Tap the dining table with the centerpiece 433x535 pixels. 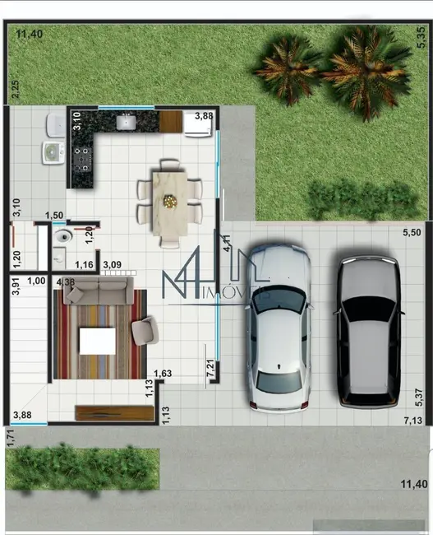(170, 202)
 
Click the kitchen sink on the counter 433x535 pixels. (127, 123)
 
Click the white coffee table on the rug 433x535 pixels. (97, 341)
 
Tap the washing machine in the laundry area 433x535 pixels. (53, 153)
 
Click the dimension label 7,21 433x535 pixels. (210, 368)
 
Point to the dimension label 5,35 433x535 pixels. (418, 34)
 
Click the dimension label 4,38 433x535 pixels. (66, 282)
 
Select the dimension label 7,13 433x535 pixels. (413, 421)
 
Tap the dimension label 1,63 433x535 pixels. (162, 374)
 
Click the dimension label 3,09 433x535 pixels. (112, 264)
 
